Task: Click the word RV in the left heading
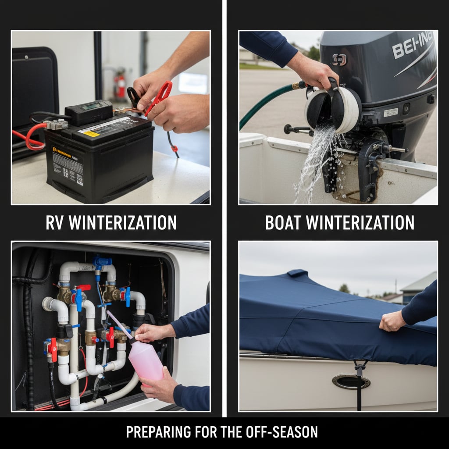pos(55,223)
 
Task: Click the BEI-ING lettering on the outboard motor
pos(412,45)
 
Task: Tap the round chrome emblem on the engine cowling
pos(339,59)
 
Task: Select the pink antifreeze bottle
pos(146,360)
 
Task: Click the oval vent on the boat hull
pos(351,381)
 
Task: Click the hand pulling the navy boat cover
pos(392,321)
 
